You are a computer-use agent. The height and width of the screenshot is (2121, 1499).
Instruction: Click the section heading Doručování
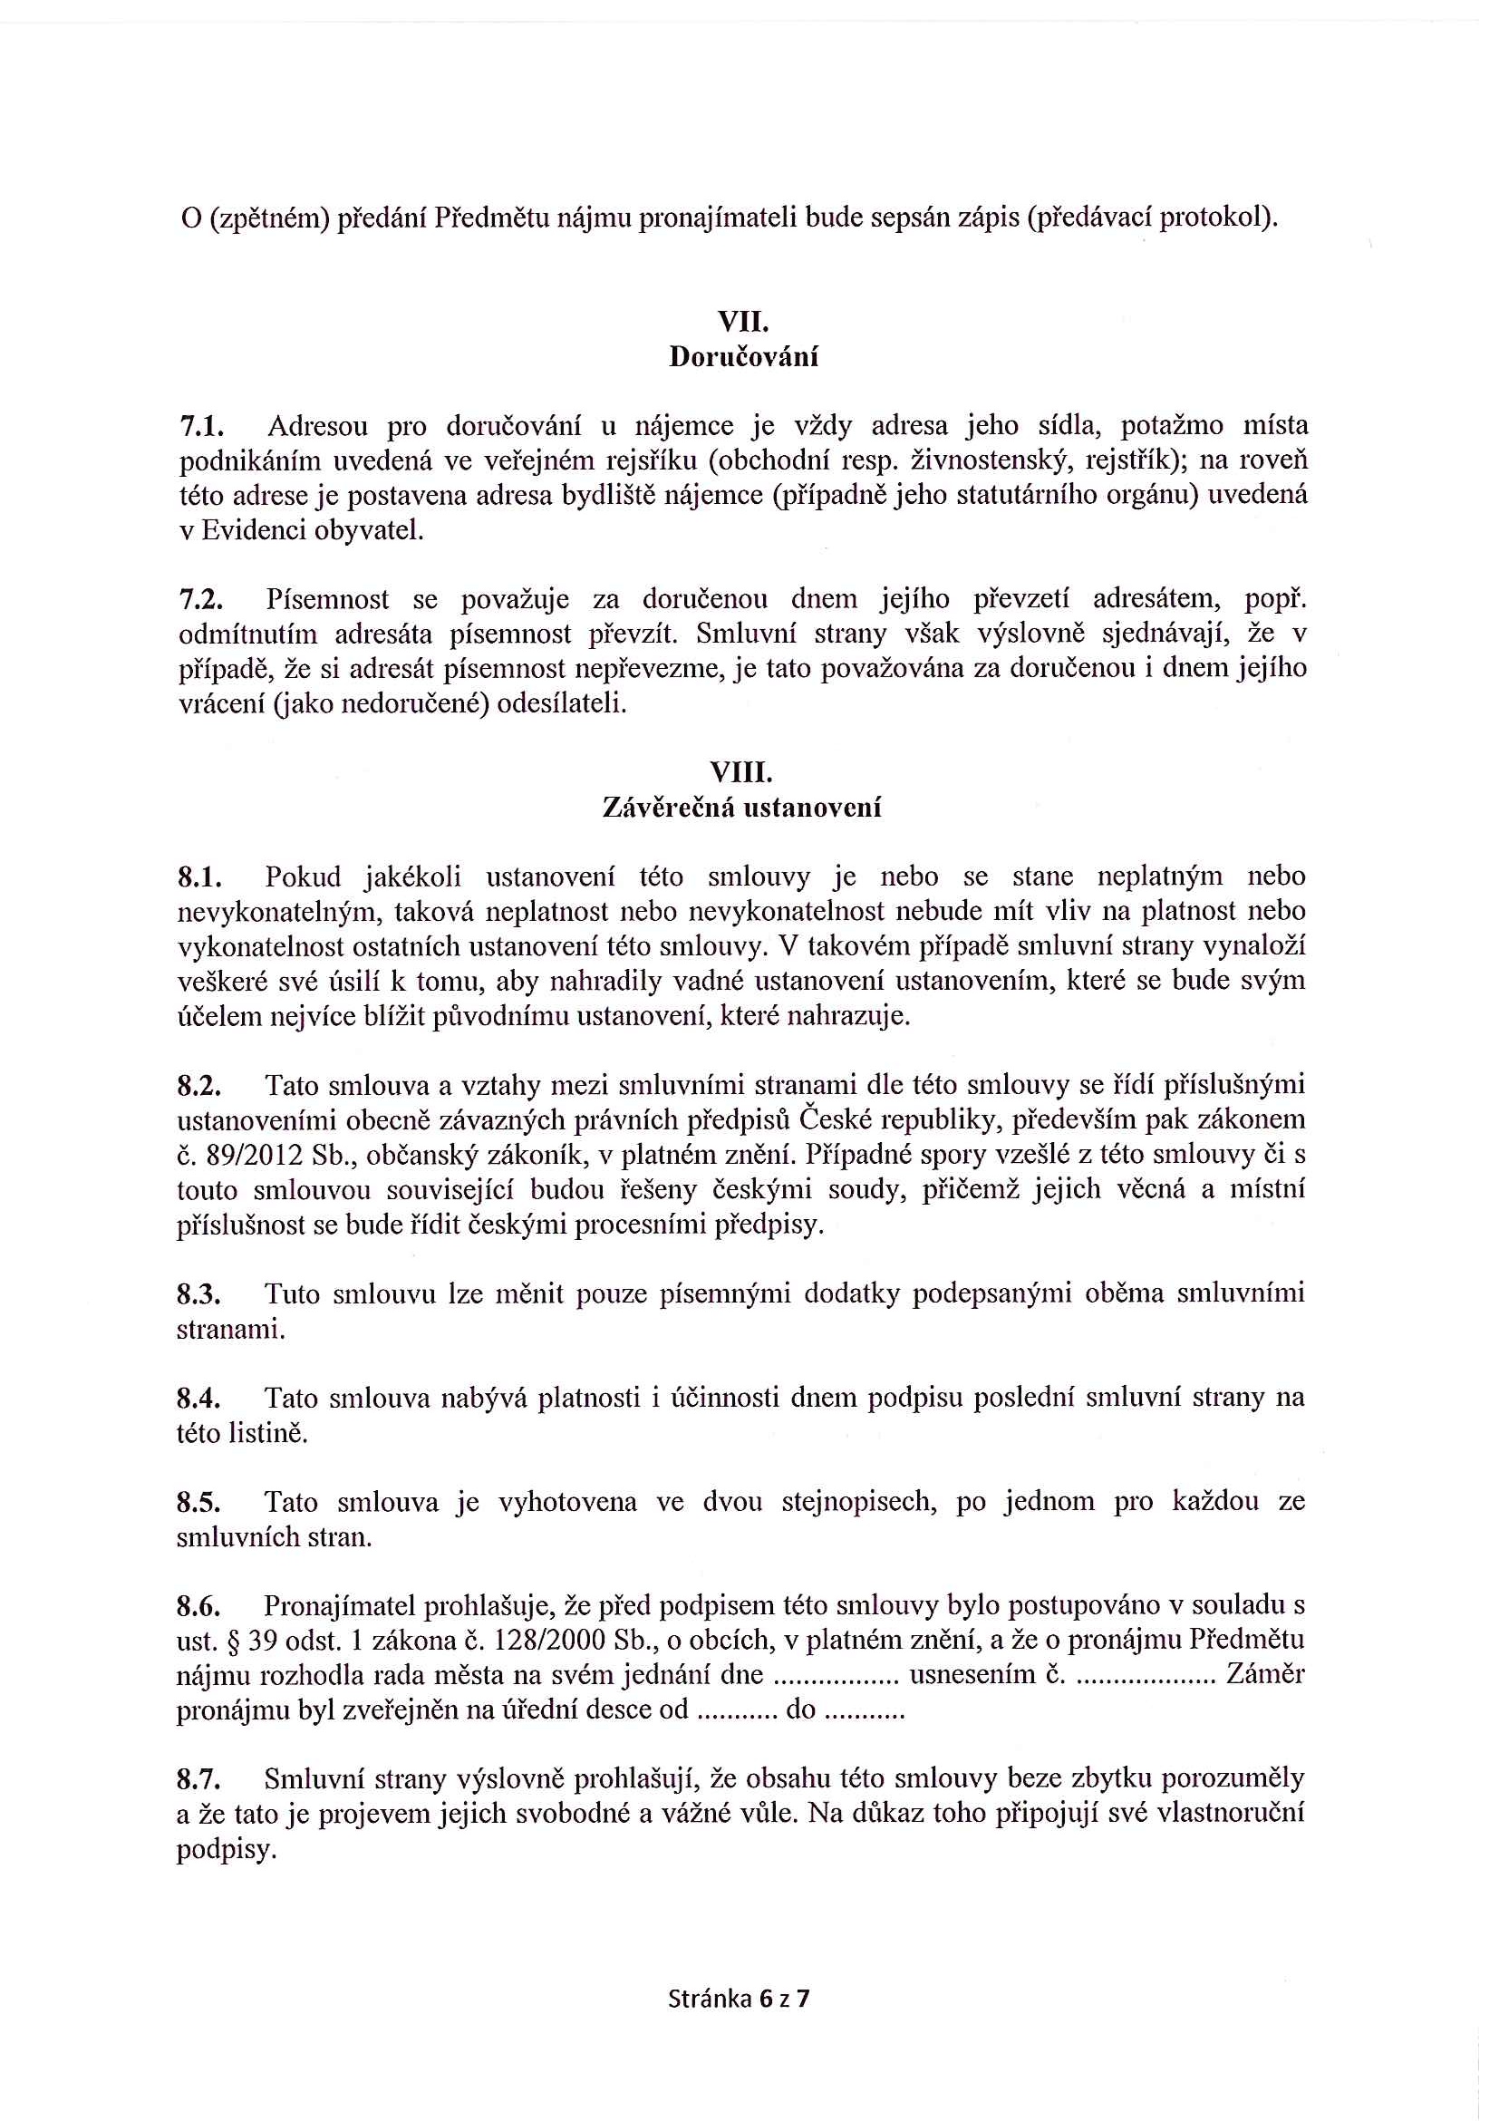tap(743, 357)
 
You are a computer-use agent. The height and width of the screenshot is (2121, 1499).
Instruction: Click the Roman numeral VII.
tap(743, 323)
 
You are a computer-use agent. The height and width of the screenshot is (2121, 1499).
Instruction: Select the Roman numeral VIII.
tap(741, 772)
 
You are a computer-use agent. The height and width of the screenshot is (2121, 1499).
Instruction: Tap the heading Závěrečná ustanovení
tap(741, 809)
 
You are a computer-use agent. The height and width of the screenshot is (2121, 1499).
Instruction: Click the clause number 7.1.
tap(201, 427)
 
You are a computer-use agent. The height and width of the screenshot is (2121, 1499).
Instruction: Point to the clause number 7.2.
tap(201, 600)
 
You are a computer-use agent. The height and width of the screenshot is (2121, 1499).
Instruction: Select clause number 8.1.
tap(200, 876)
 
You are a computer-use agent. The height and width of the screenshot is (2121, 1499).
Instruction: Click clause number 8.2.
tap(200, 1086)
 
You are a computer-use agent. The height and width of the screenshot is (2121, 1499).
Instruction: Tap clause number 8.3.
tap(200, 1294)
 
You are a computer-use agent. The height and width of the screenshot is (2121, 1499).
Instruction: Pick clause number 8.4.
tap(200, 1399)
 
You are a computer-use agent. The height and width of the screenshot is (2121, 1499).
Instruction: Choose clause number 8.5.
tap(200, 1502)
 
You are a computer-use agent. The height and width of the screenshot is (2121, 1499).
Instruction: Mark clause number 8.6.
tap(200, 1606)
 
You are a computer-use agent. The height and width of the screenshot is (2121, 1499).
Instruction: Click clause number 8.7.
tap(200, 1780)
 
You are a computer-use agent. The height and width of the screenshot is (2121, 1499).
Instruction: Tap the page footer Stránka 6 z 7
tap(739, 1999)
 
